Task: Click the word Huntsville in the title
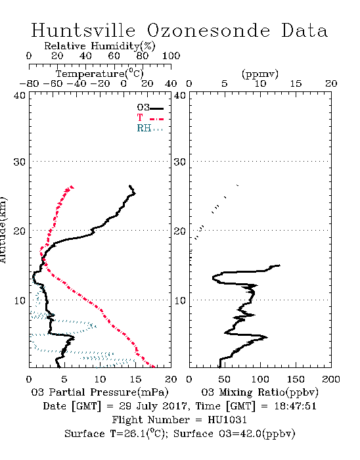tap(83, 30)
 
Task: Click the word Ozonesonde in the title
tap(208, 30)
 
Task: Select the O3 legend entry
tap(150, 108)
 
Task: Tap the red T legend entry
tap(150, 118)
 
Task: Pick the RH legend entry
tap(150, 128)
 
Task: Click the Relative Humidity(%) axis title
tap(100, 46)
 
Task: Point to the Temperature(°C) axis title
tap(100, 74)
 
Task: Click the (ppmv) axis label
tap(260, 74)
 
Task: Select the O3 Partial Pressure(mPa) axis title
tap(100, 392)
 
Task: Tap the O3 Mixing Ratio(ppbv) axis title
tap(259, 392)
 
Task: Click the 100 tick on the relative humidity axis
tap(171, 56)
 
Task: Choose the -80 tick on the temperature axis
tap(29, 83)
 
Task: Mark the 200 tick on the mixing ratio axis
tap(331, 379)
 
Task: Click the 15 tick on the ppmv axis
tap(296, 83)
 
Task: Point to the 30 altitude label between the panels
tap(179, 162)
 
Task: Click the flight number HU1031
tap(227, 420)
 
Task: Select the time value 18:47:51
tap(296, 406)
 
